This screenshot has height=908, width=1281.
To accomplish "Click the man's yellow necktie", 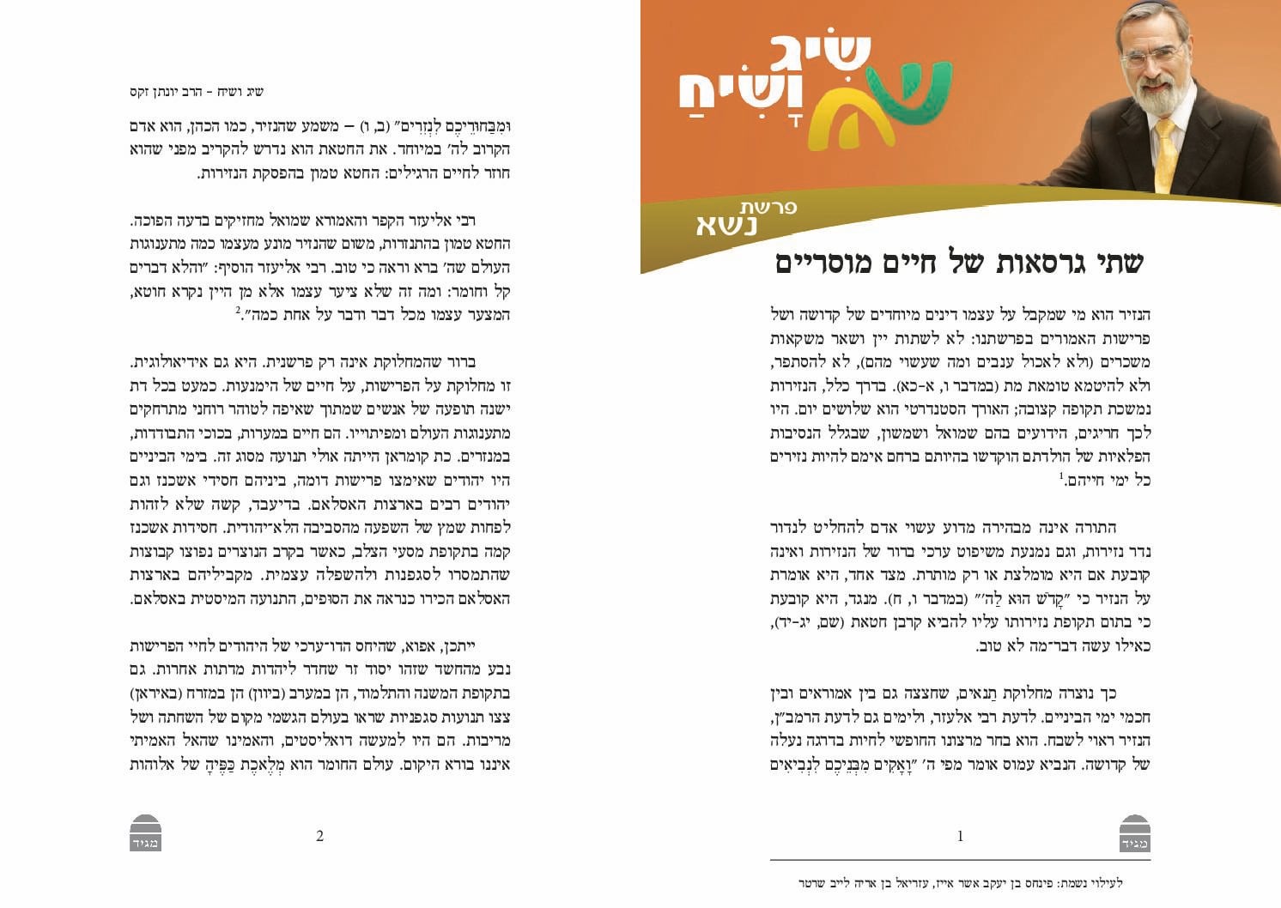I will click(x=1165, y=154).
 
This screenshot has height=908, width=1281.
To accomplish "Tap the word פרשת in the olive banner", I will click(x=768, y=207).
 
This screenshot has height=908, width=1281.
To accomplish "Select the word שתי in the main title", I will click(x=1115, y=263).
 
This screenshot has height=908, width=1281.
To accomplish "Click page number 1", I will click(x=960, y=836).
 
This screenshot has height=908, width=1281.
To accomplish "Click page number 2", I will click(x=319, y=836).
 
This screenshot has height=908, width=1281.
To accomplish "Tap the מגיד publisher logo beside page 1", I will click(x=1135, y=833).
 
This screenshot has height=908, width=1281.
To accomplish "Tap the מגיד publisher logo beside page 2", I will click(x=146, y=833).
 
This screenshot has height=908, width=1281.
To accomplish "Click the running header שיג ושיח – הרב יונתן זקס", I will click(x=197, y=92).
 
